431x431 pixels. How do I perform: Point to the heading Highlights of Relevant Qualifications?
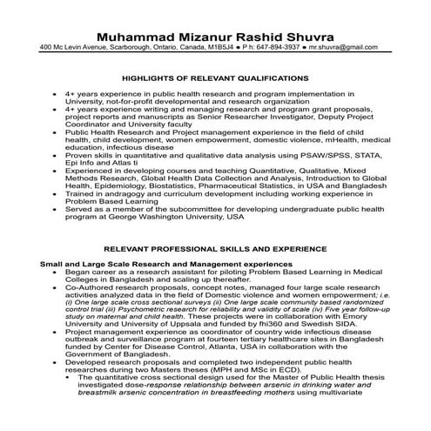215,77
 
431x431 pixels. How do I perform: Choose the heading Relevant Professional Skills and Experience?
215,249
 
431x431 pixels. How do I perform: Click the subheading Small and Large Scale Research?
121,263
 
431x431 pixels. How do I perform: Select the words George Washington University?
181,217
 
